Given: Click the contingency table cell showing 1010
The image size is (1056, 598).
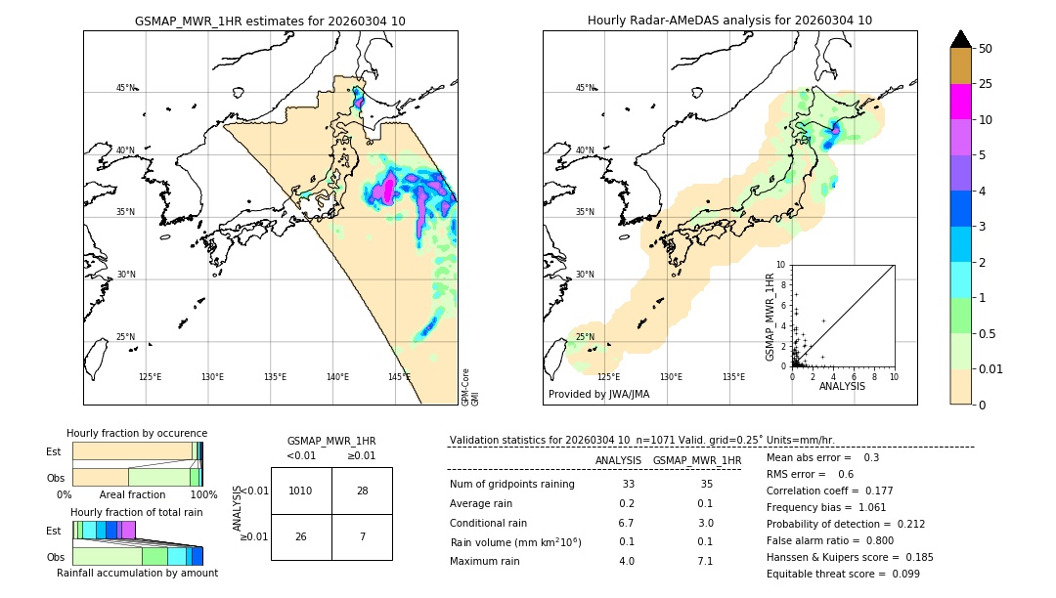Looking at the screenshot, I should (x=301, y=491).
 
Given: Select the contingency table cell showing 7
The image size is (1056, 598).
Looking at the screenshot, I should (x=362, y=537).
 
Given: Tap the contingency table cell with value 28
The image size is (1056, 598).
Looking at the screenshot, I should (x=362, y=491).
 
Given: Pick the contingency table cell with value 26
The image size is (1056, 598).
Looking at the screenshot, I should (x=301, y=537).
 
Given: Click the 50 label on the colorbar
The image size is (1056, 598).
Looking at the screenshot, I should (x=986, y=49).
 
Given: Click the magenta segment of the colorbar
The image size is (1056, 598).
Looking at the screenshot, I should (x=960, y=102).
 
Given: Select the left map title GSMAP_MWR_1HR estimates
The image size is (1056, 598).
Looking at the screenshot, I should (x=270, y=21).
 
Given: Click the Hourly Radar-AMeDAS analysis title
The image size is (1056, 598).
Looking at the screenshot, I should (x=729, y=21).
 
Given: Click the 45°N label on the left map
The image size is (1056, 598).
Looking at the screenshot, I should (x=125, y=88).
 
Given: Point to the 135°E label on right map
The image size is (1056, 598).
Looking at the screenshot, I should (x=733, y=377).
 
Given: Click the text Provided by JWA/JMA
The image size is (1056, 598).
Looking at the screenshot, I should (x=598, y=394).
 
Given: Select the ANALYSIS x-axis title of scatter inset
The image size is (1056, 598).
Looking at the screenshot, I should (x=842, y=386).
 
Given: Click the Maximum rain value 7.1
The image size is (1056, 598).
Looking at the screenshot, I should (x=705, y=561).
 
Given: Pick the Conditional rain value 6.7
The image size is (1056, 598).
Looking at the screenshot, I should (x=627, y=523).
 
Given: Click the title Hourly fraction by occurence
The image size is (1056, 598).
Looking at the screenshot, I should (x=137, y=433).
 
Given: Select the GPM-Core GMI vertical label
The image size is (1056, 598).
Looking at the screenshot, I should (x=470, y=387).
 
